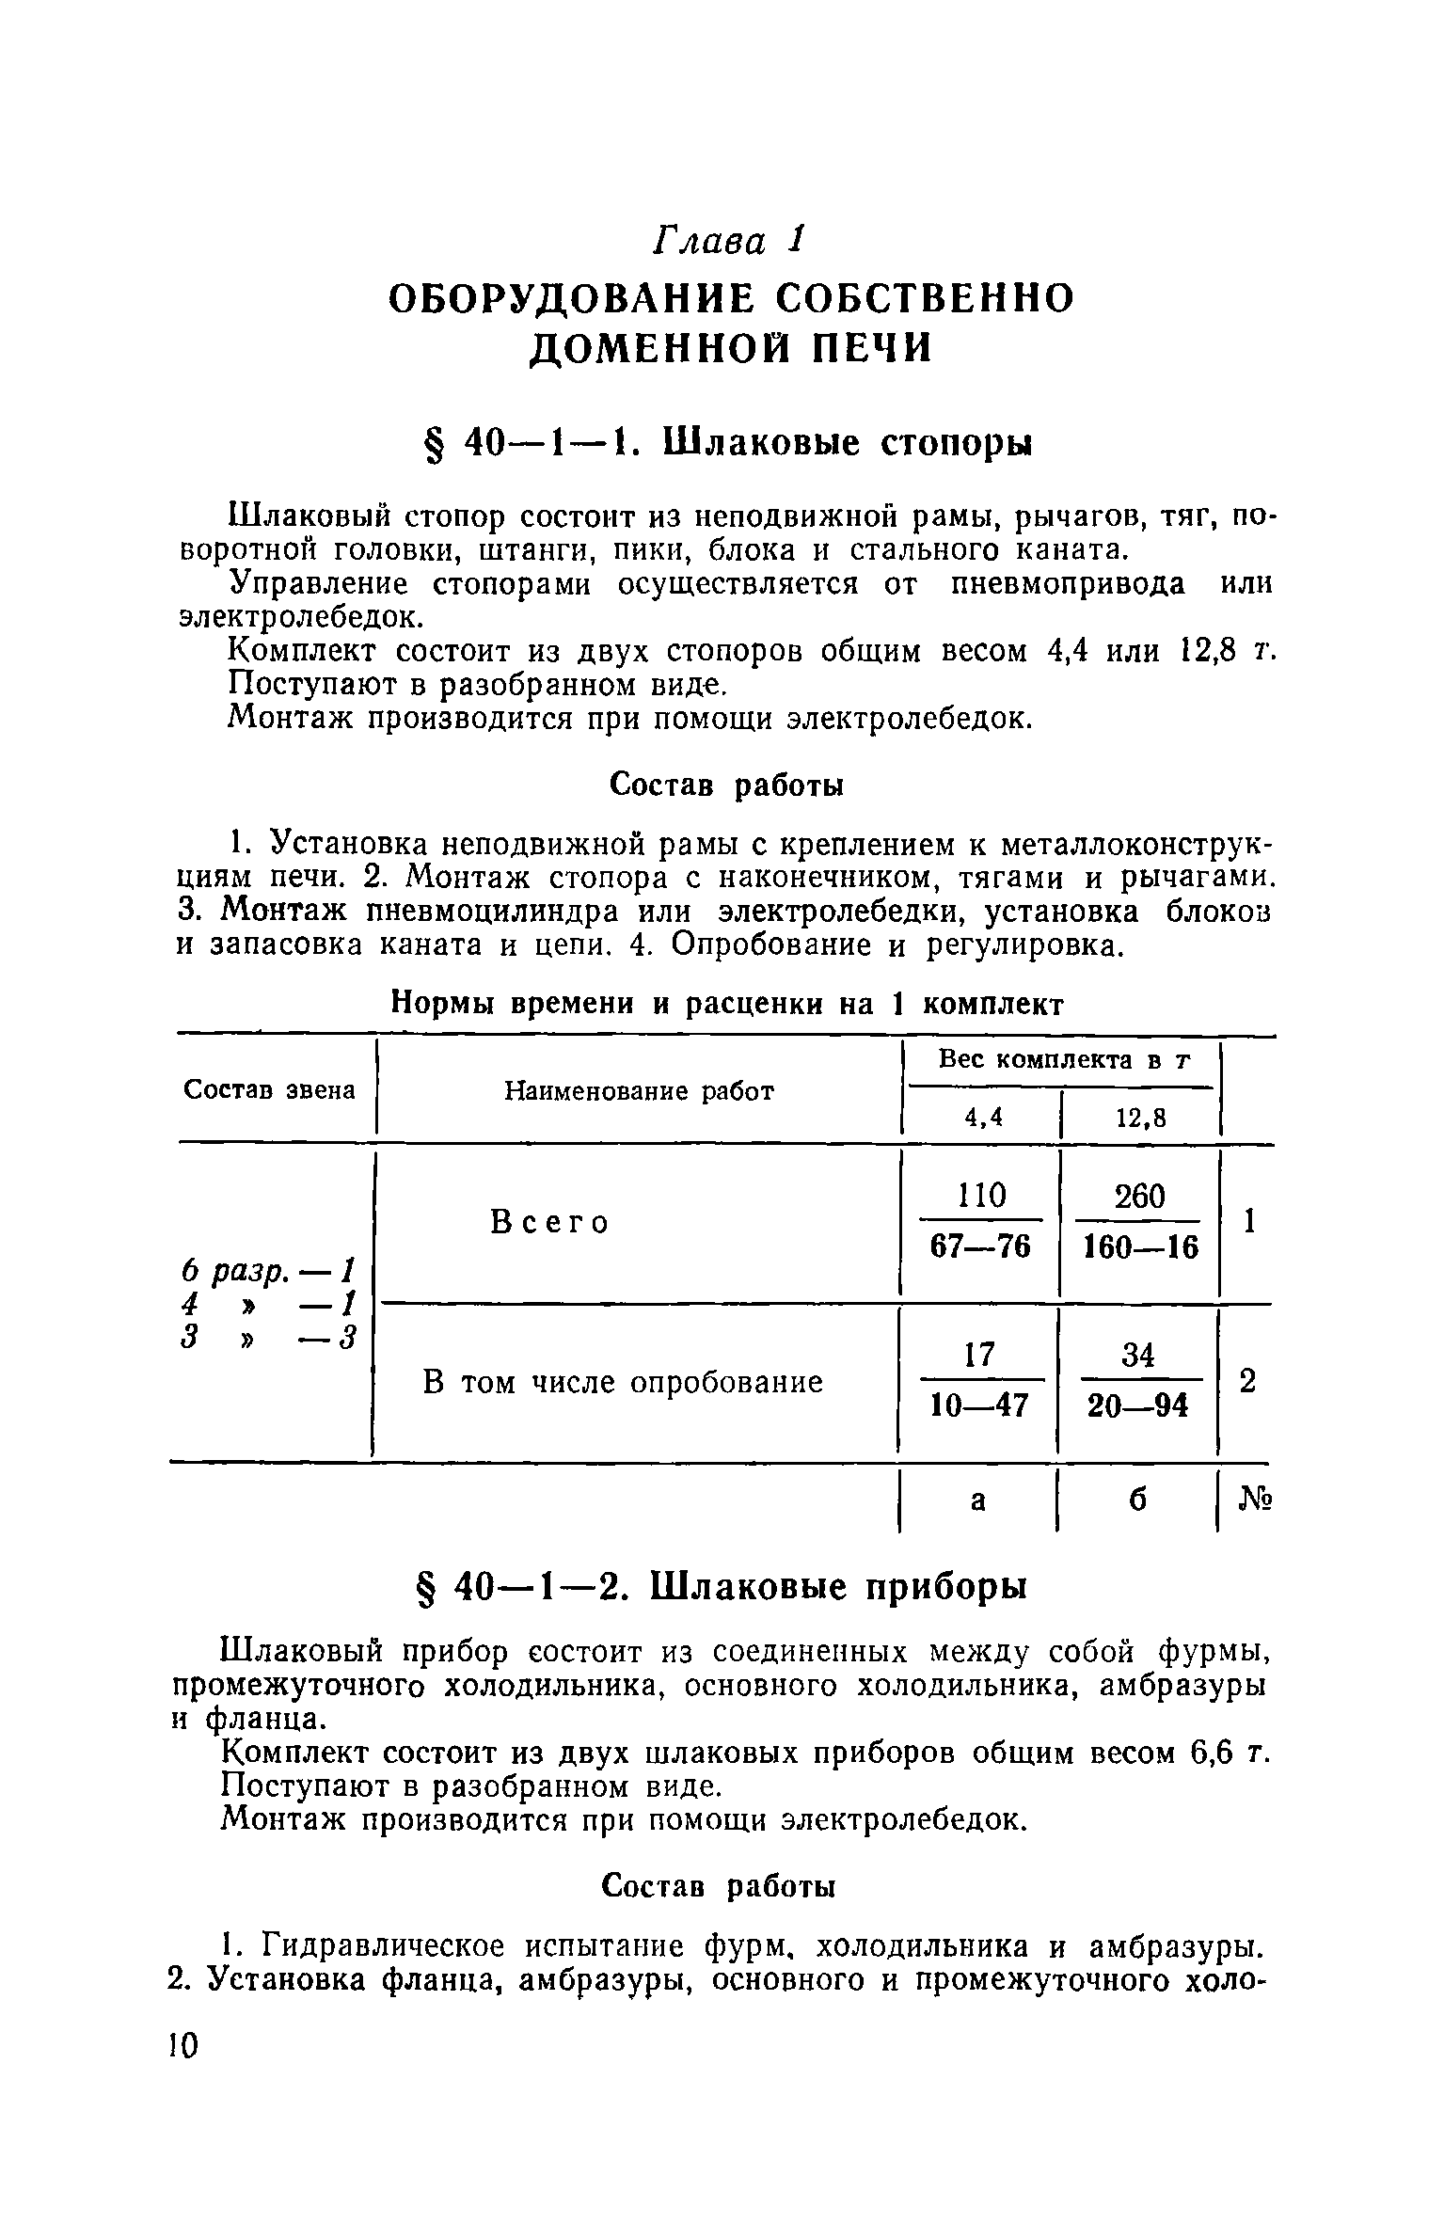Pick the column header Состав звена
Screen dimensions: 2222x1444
270,1089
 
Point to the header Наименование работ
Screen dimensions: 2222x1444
639,1090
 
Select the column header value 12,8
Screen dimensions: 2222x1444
1140,1117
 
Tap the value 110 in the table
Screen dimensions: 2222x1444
981,1196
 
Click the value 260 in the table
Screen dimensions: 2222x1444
1139,1196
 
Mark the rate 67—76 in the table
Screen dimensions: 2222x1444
980,1246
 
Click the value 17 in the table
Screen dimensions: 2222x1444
980,1355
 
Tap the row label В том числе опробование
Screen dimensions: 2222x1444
623,1381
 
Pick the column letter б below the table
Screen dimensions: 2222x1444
1137,1501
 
